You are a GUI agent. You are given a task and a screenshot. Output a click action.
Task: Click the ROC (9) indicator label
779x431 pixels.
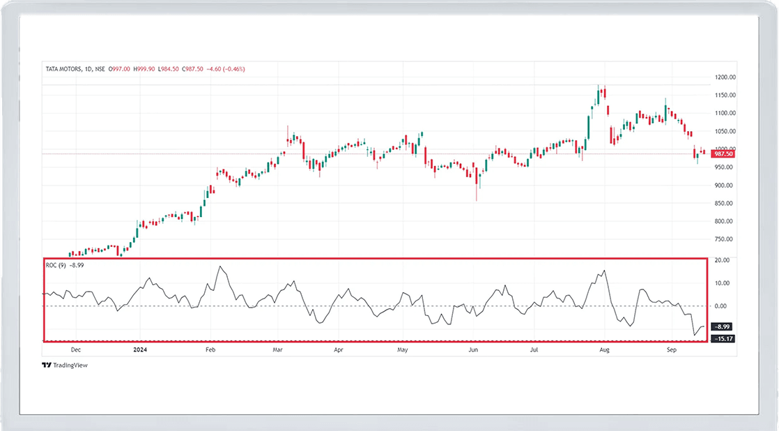pos(56,265)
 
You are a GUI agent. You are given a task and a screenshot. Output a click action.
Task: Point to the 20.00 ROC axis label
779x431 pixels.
pos(721,260)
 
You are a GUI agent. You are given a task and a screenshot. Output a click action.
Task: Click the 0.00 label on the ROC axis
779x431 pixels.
pos(721,305)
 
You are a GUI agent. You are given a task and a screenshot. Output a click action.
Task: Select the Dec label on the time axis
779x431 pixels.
pos(75,349)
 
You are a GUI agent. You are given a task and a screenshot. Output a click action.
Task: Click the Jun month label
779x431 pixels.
pos(473,349)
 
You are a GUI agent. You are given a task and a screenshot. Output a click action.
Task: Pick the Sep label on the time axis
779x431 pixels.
pos(671,349)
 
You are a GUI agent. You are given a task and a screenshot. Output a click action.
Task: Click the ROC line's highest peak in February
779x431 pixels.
pos(221,266)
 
